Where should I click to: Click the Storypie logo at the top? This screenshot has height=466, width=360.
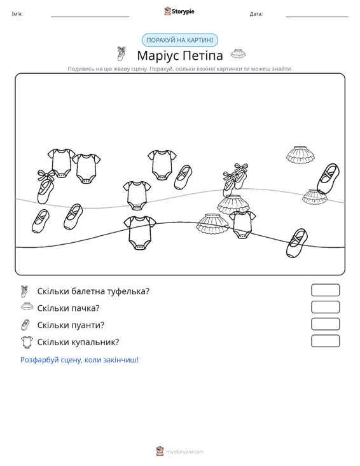179,11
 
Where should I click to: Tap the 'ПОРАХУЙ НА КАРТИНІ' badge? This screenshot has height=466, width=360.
180,40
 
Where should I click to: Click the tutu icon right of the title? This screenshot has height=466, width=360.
239,53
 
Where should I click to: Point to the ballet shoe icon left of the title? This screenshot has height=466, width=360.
121,53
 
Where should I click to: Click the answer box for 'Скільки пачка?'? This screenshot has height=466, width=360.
325,307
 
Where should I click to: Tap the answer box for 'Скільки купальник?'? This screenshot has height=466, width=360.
325,341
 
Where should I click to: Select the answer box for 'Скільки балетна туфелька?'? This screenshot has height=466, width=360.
325,290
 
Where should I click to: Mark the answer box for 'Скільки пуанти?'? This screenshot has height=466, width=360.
325,324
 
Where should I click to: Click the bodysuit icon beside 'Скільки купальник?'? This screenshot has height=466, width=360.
27,342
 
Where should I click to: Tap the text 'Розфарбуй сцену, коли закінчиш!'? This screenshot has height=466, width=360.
80,360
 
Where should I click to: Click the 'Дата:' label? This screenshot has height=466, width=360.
256,14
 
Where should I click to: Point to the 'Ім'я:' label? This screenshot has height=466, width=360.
17,14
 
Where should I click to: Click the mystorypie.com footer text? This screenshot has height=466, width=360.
184,452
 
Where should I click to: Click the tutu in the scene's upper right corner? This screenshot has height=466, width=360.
300,154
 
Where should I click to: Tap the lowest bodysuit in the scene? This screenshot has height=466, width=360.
139,233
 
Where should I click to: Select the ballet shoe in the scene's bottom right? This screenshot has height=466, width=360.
296,243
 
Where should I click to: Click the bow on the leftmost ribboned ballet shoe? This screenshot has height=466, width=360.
46,175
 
